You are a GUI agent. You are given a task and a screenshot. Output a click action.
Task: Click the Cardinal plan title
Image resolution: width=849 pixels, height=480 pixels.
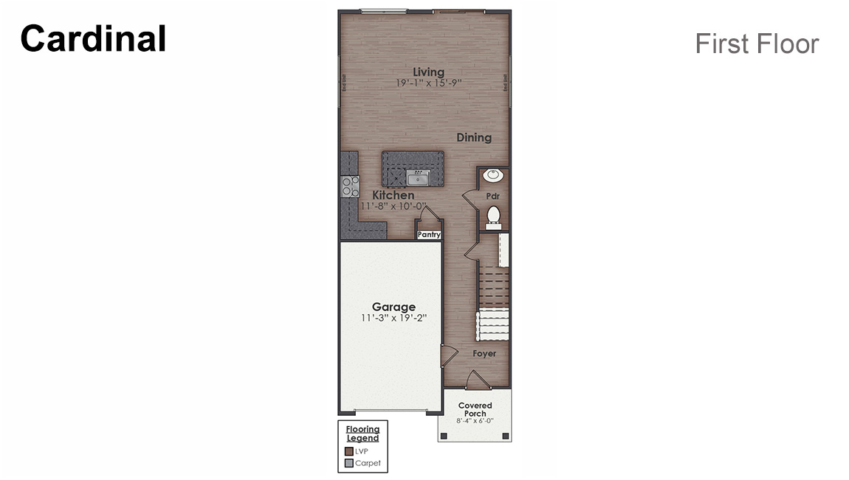[x=93, y=38]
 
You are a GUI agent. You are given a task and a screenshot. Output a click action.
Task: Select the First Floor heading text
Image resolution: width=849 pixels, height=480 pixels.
[x=757, y=44]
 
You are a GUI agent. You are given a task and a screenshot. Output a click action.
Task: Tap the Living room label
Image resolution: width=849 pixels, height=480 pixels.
[x=428, y=72]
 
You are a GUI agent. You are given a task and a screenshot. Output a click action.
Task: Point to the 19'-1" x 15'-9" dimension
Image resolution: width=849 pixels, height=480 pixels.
[x=428, y=83]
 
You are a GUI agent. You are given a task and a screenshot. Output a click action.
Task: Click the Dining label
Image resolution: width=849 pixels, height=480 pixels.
[x=473, y=137]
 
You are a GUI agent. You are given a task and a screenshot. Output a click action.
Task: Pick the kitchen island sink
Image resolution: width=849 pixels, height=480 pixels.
[x=418, y=178]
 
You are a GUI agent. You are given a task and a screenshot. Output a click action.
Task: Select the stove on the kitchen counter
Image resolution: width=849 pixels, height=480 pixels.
[x=350, y=187]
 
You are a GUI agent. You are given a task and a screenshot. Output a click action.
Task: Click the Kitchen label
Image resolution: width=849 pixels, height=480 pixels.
[x=393, y=195]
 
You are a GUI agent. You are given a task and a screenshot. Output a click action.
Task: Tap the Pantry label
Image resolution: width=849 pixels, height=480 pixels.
[x=429, y=234]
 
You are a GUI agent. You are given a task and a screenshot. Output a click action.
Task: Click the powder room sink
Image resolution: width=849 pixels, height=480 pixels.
[x=492, y=175]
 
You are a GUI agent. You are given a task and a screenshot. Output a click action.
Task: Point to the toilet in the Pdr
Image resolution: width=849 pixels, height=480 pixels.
[x=493, y=216]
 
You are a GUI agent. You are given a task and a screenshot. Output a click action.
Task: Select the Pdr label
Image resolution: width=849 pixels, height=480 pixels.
[x=492, y=196]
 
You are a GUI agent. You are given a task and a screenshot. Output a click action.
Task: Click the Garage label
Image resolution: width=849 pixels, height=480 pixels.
[x=393, y=307]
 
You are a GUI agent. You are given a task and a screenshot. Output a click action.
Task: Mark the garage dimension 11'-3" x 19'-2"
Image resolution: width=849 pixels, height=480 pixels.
[x=393, y=318]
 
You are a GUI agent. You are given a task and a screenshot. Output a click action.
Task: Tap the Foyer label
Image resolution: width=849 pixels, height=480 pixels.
[x=484, y=353]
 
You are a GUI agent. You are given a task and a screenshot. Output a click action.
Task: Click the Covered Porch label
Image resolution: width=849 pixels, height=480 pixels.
[x=475, y=409]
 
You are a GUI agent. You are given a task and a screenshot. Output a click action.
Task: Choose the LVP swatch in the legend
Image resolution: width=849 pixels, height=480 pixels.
[x=349, y=450]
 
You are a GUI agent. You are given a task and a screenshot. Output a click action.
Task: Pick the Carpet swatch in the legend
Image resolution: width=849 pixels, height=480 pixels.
[x=349, y=463]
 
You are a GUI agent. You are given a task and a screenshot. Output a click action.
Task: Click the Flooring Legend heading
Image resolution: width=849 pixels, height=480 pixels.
[x=362, y=433]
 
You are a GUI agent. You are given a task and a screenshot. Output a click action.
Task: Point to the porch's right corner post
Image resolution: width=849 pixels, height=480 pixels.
[x=506, y=436]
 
